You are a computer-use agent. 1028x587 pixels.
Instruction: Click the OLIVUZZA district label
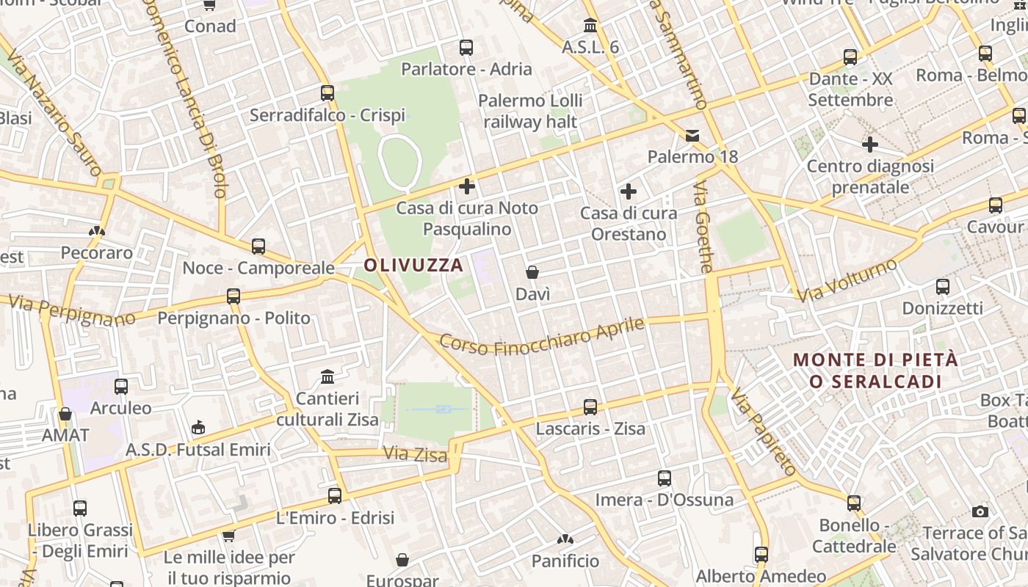pyautogui.click(x=414, y=265)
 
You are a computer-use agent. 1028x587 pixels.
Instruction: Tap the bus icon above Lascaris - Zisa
pyautogui.click(x=590, y=406)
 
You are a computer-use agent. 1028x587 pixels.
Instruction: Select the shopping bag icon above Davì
pyautogui.click(x=532, y=272)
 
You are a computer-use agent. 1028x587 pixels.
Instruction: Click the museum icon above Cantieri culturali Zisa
pyautogui.click(x=327, y=377)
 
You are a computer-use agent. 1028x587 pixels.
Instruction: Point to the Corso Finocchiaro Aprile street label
pyautogui.click(x=542, y=336)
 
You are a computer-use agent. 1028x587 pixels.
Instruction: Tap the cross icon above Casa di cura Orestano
pyautogui.click(x=629, y=192)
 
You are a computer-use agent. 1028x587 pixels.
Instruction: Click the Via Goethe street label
pyautogui.click(x=703, y=227)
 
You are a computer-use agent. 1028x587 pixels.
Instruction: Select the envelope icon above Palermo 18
pyautogui.click(x=692, y=135)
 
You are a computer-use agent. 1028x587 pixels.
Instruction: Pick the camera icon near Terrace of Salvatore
pyautogui.click(x=980, y=511)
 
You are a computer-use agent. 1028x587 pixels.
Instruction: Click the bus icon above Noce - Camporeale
pyautogui.click(x=258, y=247)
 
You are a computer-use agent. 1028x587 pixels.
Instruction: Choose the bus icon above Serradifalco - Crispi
pyautogui.click(x=327, y=93)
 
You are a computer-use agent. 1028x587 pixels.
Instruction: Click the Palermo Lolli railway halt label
pyautogui.click(x=530, y=111)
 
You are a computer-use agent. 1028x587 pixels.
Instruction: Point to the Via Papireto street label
pyautogui.click(x=764, y=434)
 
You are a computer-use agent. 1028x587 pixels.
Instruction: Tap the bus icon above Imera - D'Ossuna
pyautogui.click(x=665, y=478)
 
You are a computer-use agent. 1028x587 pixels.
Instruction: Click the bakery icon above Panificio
pyautogui.click(x=565, y=540)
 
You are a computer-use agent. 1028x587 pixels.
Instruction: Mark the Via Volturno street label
pyautogui.click(x=847, y=280)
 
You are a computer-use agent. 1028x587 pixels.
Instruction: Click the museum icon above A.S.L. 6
pyautogui.click(x=590, y=26)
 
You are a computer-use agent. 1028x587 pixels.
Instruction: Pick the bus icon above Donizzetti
pyautogui.click(x=943, y=287)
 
